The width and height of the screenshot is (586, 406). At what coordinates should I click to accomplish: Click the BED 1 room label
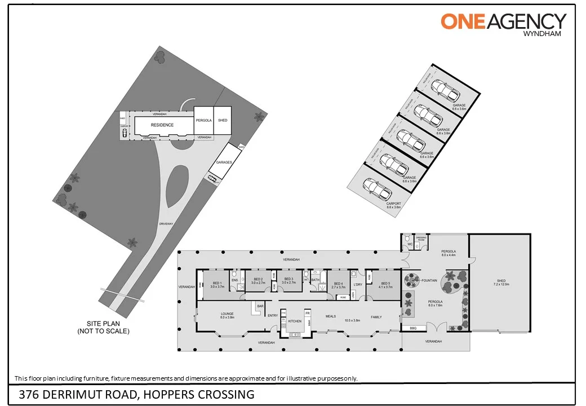[x=217, y=283]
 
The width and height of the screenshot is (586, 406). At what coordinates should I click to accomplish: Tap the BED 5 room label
[x=385, y=283]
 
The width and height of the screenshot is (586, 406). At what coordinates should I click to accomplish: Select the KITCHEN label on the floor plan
[x=295, y=321]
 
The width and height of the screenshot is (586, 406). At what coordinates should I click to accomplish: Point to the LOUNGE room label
[x=227, y=314]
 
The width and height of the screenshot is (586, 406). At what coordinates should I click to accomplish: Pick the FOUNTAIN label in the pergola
[x=430, y=280]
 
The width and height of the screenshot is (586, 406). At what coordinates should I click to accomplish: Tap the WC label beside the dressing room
[x=410, y=244]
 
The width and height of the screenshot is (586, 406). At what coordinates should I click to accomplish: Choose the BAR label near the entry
[x=260, y=306]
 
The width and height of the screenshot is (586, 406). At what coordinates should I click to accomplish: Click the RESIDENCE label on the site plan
[x=162, y=125]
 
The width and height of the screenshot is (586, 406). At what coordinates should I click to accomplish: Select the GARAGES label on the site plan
[x=223, y=162]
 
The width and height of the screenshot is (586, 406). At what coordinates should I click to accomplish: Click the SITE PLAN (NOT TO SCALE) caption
[x=104, y=328]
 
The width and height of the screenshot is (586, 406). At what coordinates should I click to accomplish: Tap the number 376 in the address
[x=28, y=394]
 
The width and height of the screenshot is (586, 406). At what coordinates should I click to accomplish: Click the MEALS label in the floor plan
[x=330, y=316]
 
